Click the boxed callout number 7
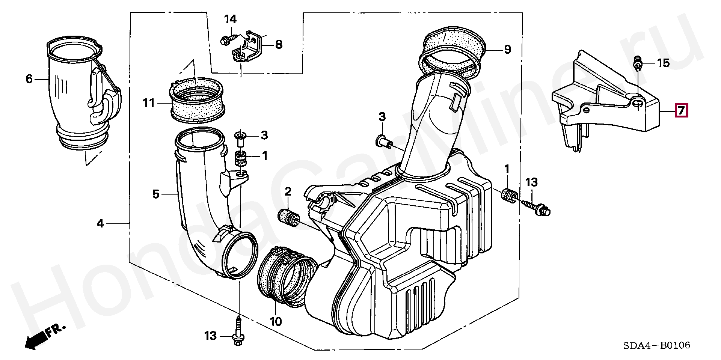pyautogui.click(x=681, y=111)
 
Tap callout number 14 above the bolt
pyautogui.click(x=230, y=19)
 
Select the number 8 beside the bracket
pyautogui.click(x=279, y=45)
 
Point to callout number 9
pyautogui.click(x=507, y=50)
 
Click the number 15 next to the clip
pyautogui.click(x=663, y=63)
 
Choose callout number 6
pyautogui.click(x=29, y=79)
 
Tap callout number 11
pyautogui.click(x=149, y=103)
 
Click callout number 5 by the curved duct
pyautogui.click(x=156, y=194)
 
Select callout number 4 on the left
pyautogui.click(x=100, y=224)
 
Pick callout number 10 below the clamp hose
pyautogui.click(x=276, y=322)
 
